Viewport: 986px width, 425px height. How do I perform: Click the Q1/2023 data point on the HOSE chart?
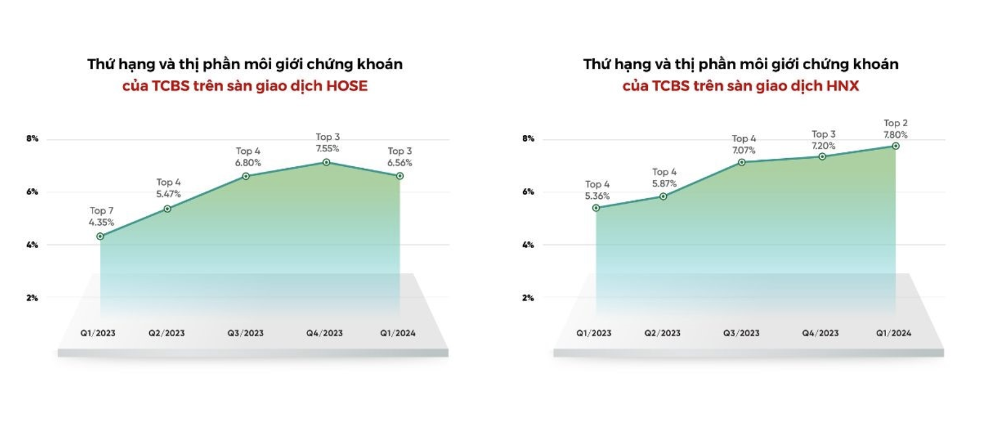[x=100, y=236]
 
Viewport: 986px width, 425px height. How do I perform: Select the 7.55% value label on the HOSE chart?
[x=327, y=149]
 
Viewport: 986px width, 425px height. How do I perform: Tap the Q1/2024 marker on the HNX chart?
[x=895, y=146]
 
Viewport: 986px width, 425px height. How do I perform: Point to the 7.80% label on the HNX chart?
[x=895, y=135]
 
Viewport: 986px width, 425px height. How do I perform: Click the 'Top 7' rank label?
[x=101, y=211]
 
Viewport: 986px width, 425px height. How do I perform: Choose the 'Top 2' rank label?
[x=895, y=123]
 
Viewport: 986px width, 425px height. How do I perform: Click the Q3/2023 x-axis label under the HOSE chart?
[x=246, y=333]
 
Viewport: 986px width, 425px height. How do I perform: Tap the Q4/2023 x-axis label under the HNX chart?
[x=820, y=333]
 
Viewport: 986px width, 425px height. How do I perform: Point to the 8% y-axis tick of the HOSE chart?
[x=32, y=139]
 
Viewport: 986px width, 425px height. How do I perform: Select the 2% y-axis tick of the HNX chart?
[x=528, y=298]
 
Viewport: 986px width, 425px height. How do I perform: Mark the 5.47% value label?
[x=168, y=194]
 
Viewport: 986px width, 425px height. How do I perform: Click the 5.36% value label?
[x=597, y=196]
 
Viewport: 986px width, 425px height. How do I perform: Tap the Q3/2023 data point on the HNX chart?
[x=742, y=162]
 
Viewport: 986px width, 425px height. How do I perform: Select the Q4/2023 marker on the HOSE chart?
[x=326, y=162]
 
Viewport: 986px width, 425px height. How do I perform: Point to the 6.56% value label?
[x=399, y=163]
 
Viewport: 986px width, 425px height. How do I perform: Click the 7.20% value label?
[x=823, y=146]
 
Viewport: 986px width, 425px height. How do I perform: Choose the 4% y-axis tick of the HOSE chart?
[x=32, y=245]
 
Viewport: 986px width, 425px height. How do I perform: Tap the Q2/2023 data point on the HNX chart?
[x=663, y=197]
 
